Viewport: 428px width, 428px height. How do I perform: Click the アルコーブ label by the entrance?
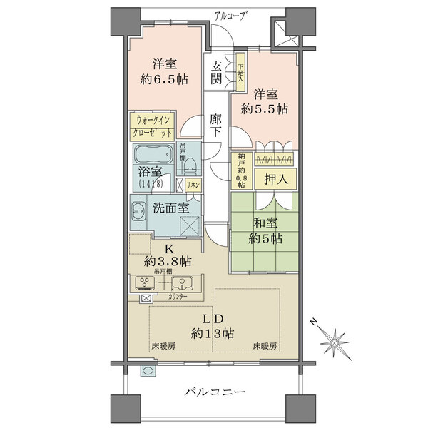(x=228, y=16)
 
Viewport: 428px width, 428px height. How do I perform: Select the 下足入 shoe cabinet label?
(x=241, y=71)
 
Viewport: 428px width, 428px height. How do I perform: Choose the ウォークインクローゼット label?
(x=153, y=127)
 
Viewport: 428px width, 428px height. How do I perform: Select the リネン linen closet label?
(x=193, y=185)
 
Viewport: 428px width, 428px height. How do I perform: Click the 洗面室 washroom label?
(x=171, y=208)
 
